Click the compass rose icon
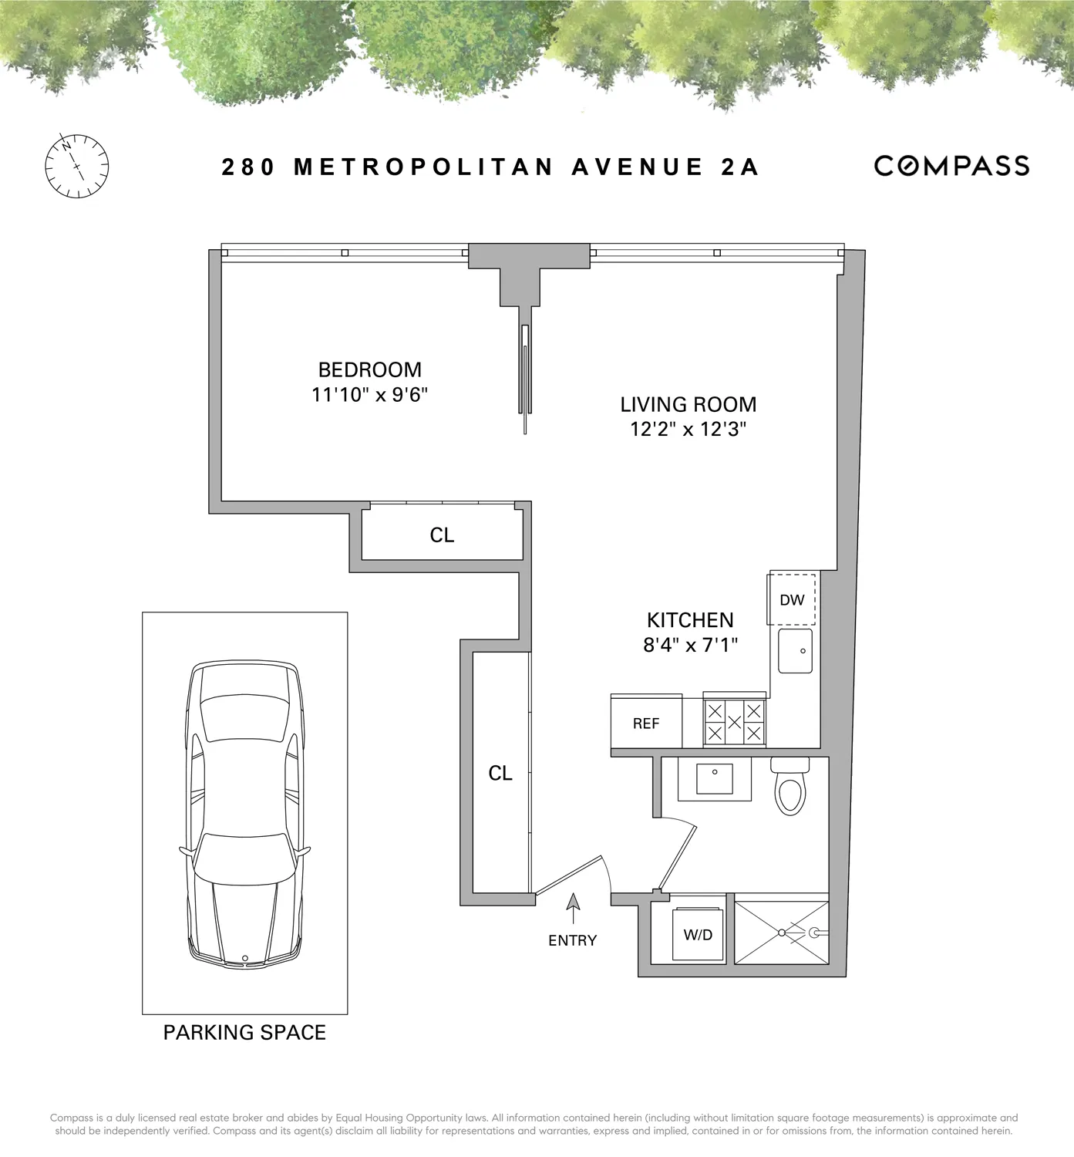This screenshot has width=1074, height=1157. pos(76,167)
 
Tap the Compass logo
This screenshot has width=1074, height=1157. pos(951,166)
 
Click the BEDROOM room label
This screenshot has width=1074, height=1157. pos(369,369)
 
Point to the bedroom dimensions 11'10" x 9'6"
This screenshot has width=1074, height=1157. pos(369,395)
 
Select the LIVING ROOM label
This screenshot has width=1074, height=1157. pos(688,404)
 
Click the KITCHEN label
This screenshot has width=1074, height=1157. pos(690,620)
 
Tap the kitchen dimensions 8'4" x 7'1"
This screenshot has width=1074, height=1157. pos(690,644)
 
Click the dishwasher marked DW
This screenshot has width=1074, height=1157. pos(792,599)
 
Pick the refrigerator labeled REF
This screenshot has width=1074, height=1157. pos(646,724)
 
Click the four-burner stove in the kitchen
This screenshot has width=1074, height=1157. pos(735,723)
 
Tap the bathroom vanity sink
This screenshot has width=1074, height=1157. pos(714,779)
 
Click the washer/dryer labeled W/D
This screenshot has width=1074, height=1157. pos(698,934)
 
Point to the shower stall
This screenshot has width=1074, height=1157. pos(781,932)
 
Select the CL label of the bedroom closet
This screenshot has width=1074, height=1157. pos(442,535)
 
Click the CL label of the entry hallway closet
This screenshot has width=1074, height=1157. pos(500,773)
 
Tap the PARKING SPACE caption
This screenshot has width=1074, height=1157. pos(244,1032)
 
